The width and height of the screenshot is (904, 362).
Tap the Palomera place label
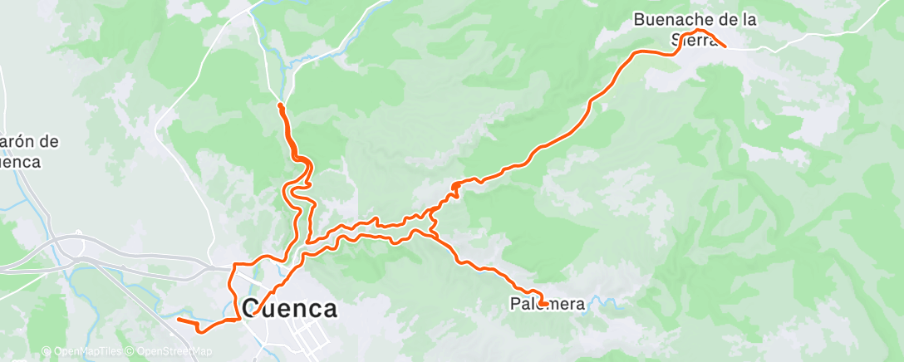pyautogui.click(x=548, y=305)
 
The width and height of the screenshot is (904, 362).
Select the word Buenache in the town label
pyautogui.click(x=665, y=19)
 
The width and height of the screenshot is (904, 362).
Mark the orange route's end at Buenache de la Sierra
pyautogui.click(x=725, y=46)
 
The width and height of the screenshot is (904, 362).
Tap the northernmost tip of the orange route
pyautogui.click(x=280, y=105)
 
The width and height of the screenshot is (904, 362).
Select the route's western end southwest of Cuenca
pyautogui.click(x=179, y=319)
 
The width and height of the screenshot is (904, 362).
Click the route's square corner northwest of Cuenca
pyautogui.click(x=233, y=264)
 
